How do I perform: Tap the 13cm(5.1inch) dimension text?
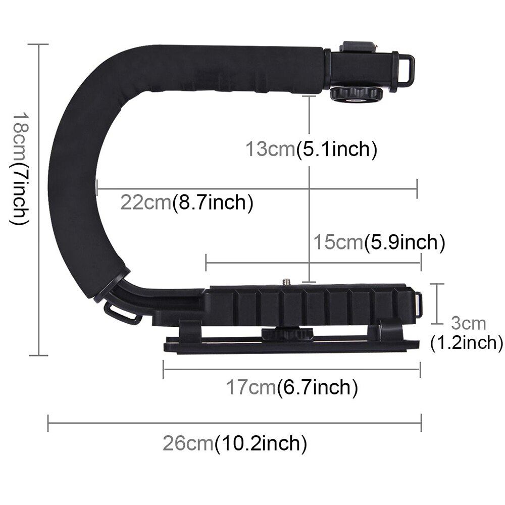click(311, 149)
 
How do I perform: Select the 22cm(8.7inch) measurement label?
click(186, 203)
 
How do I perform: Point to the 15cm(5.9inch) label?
click(379, 242)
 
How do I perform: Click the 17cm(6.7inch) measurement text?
click(291, 388)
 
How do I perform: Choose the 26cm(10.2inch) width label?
click(235, 444)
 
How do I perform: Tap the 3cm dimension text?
click(468, 323)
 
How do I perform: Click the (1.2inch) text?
click(466, 343)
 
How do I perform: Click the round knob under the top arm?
click(357, 94)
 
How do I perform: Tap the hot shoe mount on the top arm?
click(358, 47)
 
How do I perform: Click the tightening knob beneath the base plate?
click(287, 334)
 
